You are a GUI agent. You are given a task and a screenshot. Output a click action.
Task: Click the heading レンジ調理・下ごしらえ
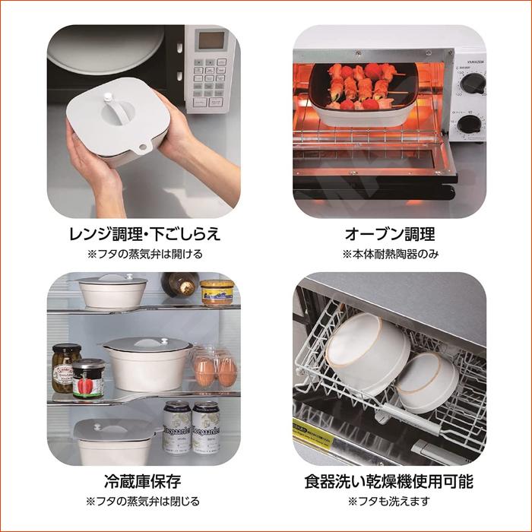pos(144,233)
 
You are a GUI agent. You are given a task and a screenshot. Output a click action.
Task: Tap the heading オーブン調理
pos(389,233)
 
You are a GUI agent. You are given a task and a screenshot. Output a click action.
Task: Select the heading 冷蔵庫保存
pos(144,481)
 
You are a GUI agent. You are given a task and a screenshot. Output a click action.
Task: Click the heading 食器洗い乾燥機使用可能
pos(389,481)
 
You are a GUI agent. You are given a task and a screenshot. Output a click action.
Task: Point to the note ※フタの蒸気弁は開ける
pos(144,254)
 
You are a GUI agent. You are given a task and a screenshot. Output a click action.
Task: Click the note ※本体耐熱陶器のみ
pos(389,254)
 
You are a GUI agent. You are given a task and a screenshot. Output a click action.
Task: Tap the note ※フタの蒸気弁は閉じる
pos(144,502)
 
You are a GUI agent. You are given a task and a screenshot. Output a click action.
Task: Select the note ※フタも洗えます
pos(389,502)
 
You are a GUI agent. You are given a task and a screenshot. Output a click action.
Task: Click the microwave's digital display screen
pos(211,40)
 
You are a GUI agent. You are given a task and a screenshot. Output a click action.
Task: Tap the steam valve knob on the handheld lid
pos(109,97)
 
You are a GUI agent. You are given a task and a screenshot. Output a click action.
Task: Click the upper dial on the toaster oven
pos(473,84)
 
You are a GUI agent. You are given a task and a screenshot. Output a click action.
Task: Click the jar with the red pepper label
pos(88,378)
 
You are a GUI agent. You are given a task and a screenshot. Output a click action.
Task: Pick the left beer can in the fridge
pos(176,427)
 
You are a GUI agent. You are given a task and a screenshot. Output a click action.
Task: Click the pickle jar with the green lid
pos(65,367)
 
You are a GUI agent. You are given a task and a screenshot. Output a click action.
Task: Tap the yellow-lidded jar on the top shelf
pos(217,292)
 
